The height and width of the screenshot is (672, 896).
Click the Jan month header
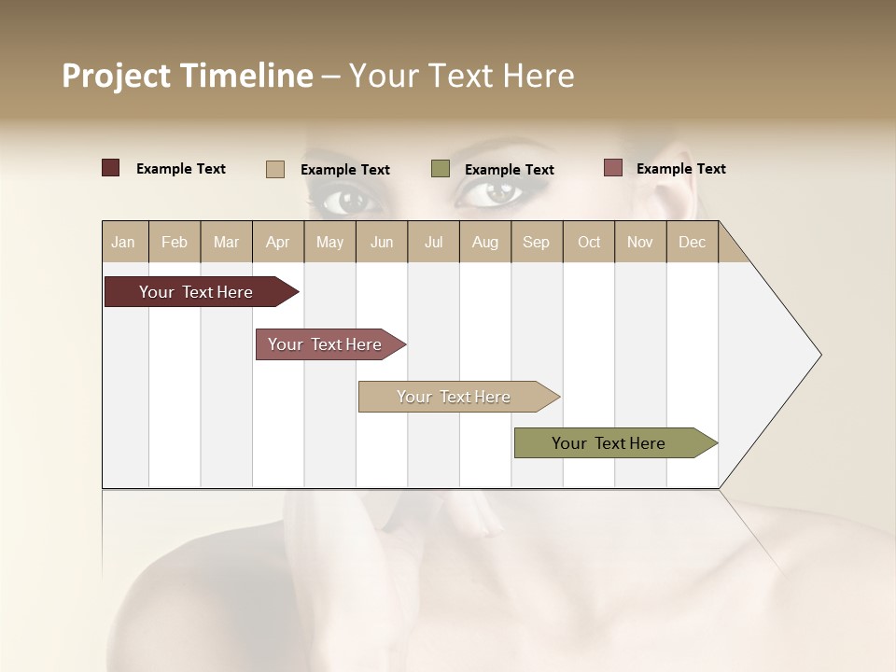[x=124, y=242]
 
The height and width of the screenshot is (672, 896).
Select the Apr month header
[x=278, y=242]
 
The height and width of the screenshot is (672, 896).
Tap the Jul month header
[x=433, y=242]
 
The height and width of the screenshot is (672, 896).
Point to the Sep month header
[x=536, y=242]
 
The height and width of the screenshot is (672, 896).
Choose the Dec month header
[x=692, y=242]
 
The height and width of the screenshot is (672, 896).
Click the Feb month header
[x=175, y=242]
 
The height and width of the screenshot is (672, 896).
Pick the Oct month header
[x=589, y=242]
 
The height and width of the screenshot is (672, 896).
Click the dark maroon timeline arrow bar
[x=197, y=292]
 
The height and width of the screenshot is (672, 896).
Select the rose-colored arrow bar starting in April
[x=326, y=344]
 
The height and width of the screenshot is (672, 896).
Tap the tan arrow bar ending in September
[x=455, y=397]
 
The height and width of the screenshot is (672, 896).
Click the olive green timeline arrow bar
[x=609, y=443]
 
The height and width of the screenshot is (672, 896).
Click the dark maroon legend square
[x=110, y=168]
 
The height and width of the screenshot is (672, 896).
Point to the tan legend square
[x=274, y=169]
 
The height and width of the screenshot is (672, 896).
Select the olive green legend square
[x=441, y=169]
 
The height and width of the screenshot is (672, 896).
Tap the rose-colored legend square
[x=612, y=168]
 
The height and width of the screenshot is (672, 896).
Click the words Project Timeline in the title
[x=188, y=76]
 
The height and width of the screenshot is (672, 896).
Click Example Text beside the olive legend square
[x=510, y=170]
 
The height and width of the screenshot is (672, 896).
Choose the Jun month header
[x=382, y=242]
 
